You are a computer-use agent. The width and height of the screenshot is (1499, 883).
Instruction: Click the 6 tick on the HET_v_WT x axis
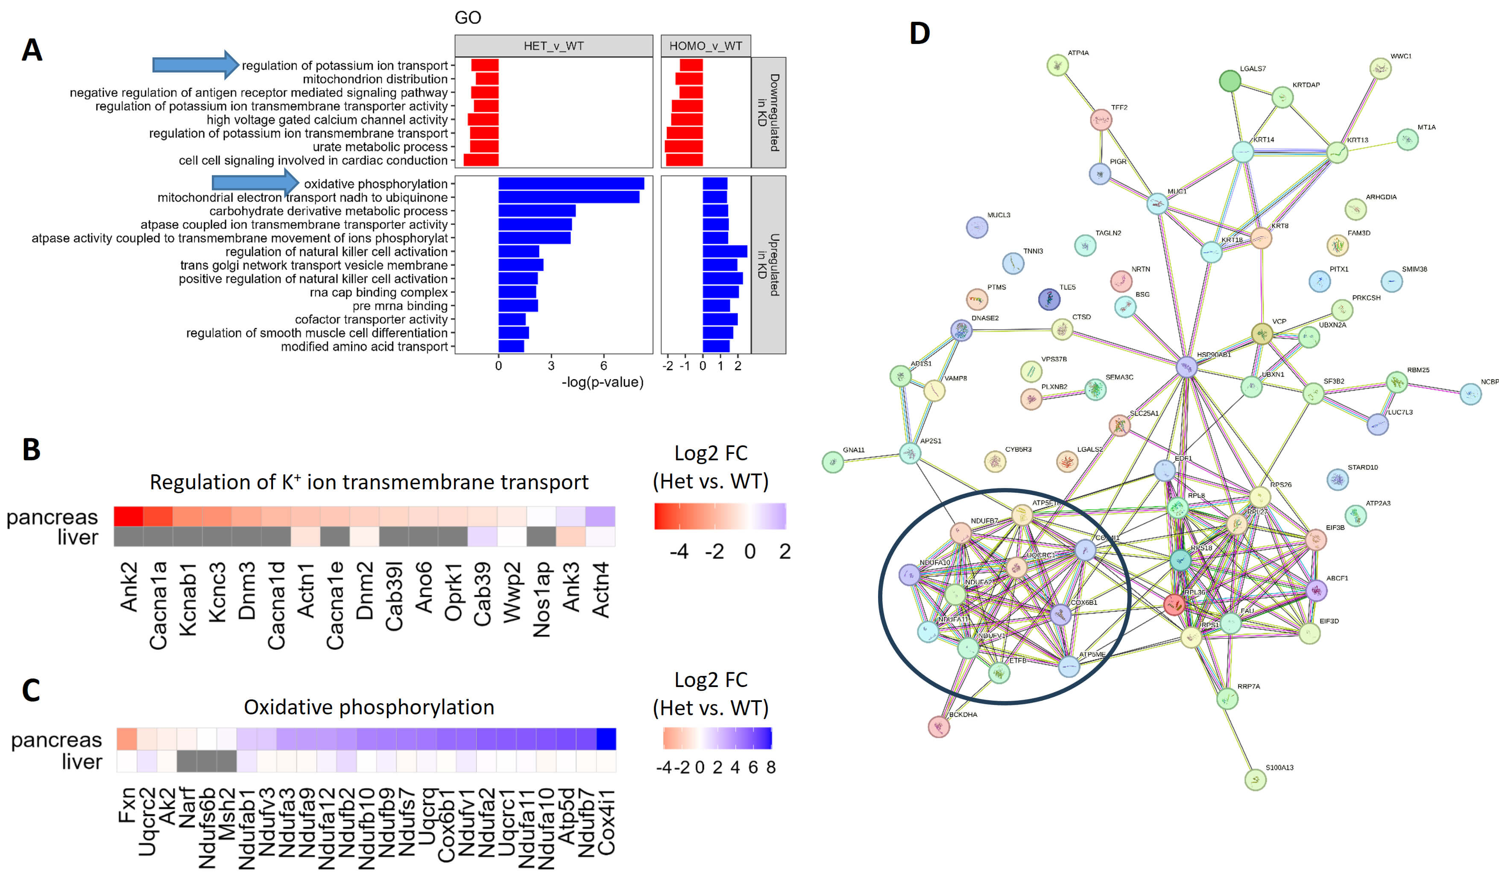point(603,366)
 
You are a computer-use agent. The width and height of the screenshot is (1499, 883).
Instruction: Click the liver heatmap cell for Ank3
point(571,537)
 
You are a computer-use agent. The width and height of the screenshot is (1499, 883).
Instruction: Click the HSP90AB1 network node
point(1186,366)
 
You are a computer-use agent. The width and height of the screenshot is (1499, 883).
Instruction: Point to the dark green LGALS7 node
point(1230,81)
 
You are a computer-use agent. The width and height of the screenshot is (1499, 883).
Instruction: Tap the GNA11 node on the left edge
point(832,462)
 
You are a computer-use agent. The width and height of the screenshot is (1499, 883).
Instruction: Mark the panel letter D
point(919,33)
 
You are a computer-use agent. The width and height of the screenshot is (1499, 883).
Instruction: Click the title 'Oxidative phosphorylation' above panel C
point(369,707)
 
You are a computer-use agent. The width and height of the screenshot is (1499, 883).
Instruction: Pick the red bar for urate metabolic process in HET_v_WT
point(484,146)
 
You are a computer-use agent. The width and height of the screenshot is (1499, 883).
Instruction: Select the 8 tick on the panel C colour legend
point(770,768)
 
